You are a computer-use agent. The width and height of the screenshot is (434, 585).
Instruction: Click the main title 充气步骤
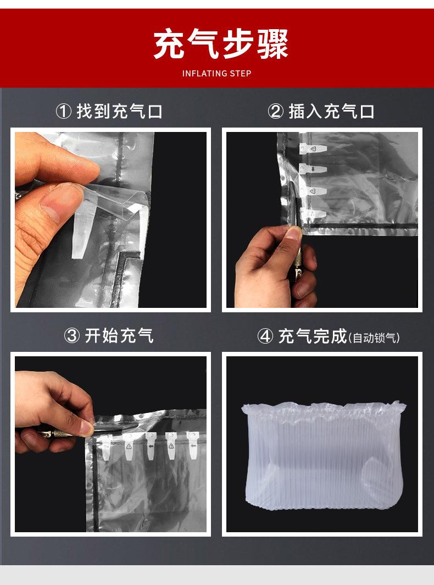[x=221, y=45]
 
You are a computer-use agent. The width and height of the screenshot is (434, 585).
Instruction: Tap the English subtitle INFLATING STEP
[x=216, y=74]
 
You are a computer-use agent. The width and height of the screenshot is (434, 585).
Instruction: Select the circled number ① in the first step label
[x=64, y=112]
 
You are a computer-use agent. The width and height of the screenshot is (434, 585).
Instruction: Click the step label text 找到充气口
[x=119, y=112]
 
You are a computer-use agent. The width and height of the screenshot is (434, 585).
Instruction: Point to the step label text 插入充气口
[x=332, y=112]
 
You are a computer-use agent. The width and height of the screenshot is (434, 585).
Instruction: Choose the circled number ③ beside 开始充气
[x=73, y=335]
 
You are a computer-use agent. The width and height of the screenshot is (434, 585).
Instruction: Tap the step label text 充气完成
[x=313, y=336]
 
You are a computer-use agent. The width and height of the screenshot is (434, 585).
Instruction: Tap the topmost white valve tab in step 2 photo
[x=310, y=148]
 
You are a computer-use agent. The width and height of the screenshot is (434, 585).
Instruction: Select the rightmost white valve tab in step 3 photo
[x=192, y=443]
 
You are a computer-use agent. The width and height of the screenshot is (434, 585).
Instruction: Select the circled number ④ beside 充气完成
[x=265, y=336]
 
